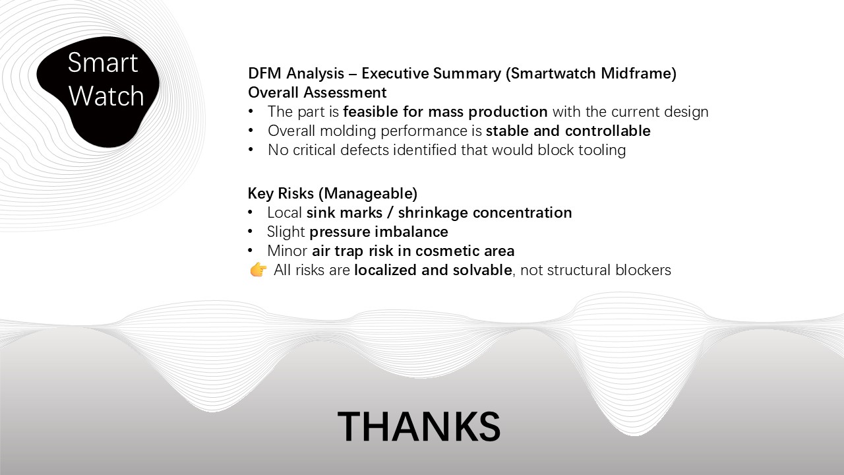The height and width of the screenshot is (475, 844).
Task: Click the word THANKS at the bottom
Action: (419, 426)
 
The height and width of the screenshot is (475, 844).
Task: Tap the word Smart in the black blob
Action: (103, 63)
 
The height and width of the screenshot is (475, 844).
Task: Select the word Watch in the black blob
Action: (105, 96)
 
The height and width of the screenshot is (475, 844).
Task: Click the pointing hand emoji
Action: (258, 270)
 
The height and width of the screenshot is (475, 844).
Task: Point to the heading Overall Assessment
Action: (317, 92)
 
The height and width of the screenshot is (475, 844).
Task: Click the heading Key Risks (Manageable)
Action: (332, 193)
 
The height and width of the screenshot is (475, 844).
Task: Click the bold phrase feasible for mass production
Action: (445, 111)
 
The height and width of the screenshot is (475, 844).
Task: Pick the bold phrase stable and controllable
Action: (568, 131)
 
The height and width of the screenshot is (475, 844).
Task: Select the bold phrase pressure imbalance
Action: (378, 232)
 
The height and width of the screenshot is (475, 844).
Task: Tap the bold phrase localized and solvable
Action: (433, 270)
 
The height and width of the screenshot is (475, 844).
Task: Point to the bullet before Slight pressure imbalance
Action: (251, 232)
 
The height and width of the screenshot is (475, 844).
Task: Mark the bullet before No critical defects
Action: (251, 150)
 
